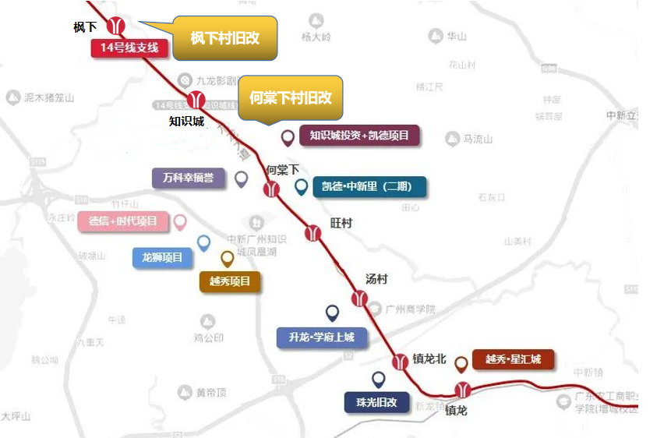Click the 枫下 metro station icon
tap(116, 26)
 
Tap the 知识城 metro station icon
tap(196, 99)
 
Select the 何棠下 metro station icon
tap(271, 189)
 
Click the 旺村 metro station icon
tap(313, 231)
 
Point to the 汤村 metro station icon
tap(359, 298)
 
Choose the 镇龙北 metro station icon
tap(400, 361)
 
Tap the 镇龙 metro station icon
tap(464, 390)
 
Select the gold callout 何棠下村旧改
tap(290, 97)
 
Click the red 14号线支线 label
tap(129, 48)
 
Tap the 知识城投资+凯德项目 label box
tap(359, 136)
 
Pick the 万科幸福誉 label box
tap(188, 178)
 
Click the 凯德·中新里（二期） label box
tap(369, 187)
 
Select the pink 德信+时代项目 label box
tap(123, 221)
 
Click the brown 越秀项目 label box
tap(230, 281)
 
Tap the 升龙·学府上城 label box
tap(321, 337)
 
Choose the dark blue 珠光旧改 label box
tap(377, 402)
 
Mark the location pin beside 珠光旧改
tap(379, 380)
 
